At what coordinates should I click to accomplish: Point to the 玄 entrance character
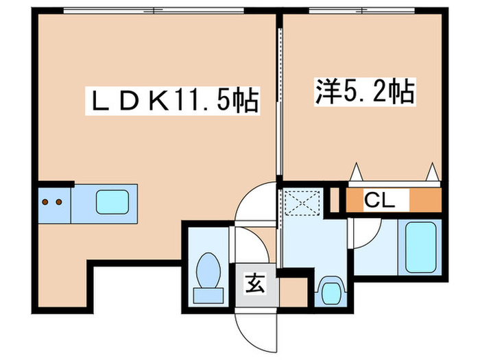point(255,280)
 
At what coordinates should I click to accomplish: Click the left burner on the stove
point(45,202)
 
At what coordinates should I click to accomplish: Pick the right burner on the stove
point(59,202)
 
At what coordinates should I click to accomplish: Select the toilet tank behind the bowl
point(208,294)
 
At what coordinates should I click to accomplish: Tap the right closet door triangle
point(432,171)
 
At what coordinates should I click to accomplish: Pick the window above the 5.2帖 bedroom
point(362,10)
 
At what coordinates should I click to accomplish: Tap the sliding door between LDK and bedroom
point(280,103)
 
